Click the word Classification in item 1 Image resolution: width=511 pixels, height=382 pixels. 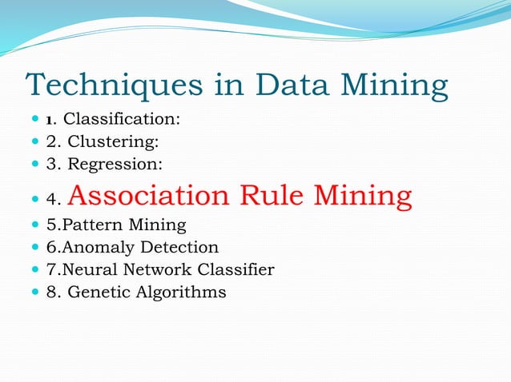click(x=121, y=120)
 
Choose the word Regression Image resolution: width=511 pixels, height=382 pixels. click(x=111, y=165)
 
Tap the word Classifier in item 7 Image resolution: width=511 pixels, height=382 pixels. click(x=232, y=270)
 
